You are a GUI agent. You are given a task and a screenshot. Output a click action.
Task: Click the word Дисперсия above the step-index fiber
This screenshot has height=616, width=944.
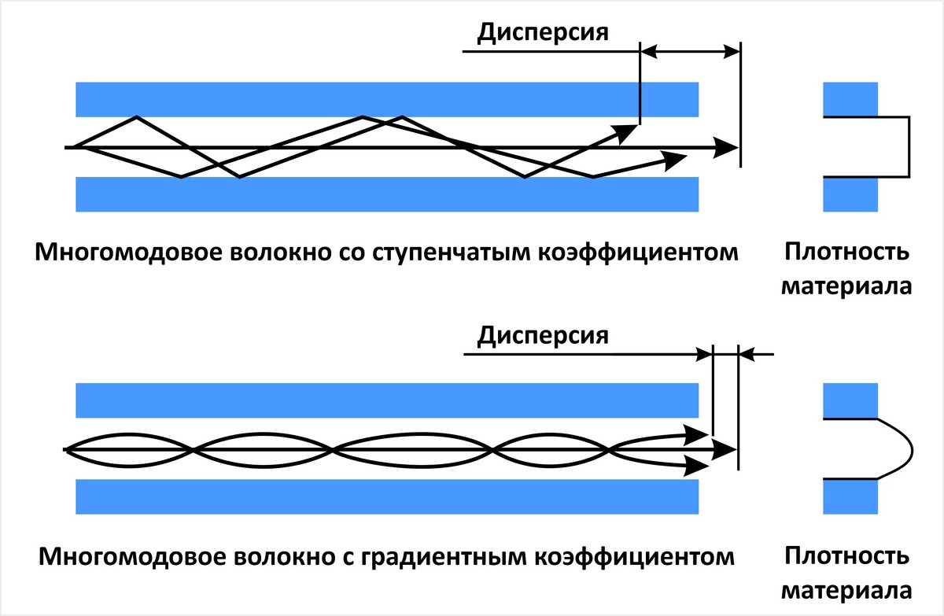point(544,33)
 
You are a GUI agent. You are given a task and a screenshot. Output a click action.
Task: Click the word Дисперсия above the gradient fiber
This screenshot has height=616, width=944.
point(544,336)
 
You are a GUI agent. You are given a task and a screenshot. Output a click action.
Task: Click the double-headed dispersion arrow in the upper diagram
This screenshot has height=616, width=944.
point(689,52)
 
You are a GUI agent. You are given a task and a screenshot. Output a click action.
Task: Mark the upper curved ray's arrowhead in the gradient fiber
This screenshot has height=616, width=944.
point(695,433)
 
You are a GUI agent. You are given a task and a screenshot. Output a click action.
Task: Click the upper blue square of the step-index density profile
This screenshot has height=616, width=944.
point(850,99)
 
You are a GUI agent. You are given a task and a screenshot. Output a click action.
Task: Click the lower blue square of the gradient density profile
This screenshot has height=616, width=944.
point(850,496)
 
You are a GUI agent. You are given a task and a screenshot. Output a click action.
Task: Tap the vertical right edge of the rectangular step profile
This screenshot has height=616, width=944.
point(909,147)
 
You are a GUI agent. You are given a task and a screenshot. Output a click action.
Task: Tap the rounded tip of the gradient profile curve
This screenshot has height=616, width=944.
point(911,448)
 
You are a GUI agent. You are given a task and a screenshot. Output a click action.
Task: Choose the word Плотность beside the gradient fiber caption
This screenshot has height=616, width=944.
point(846,557)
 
